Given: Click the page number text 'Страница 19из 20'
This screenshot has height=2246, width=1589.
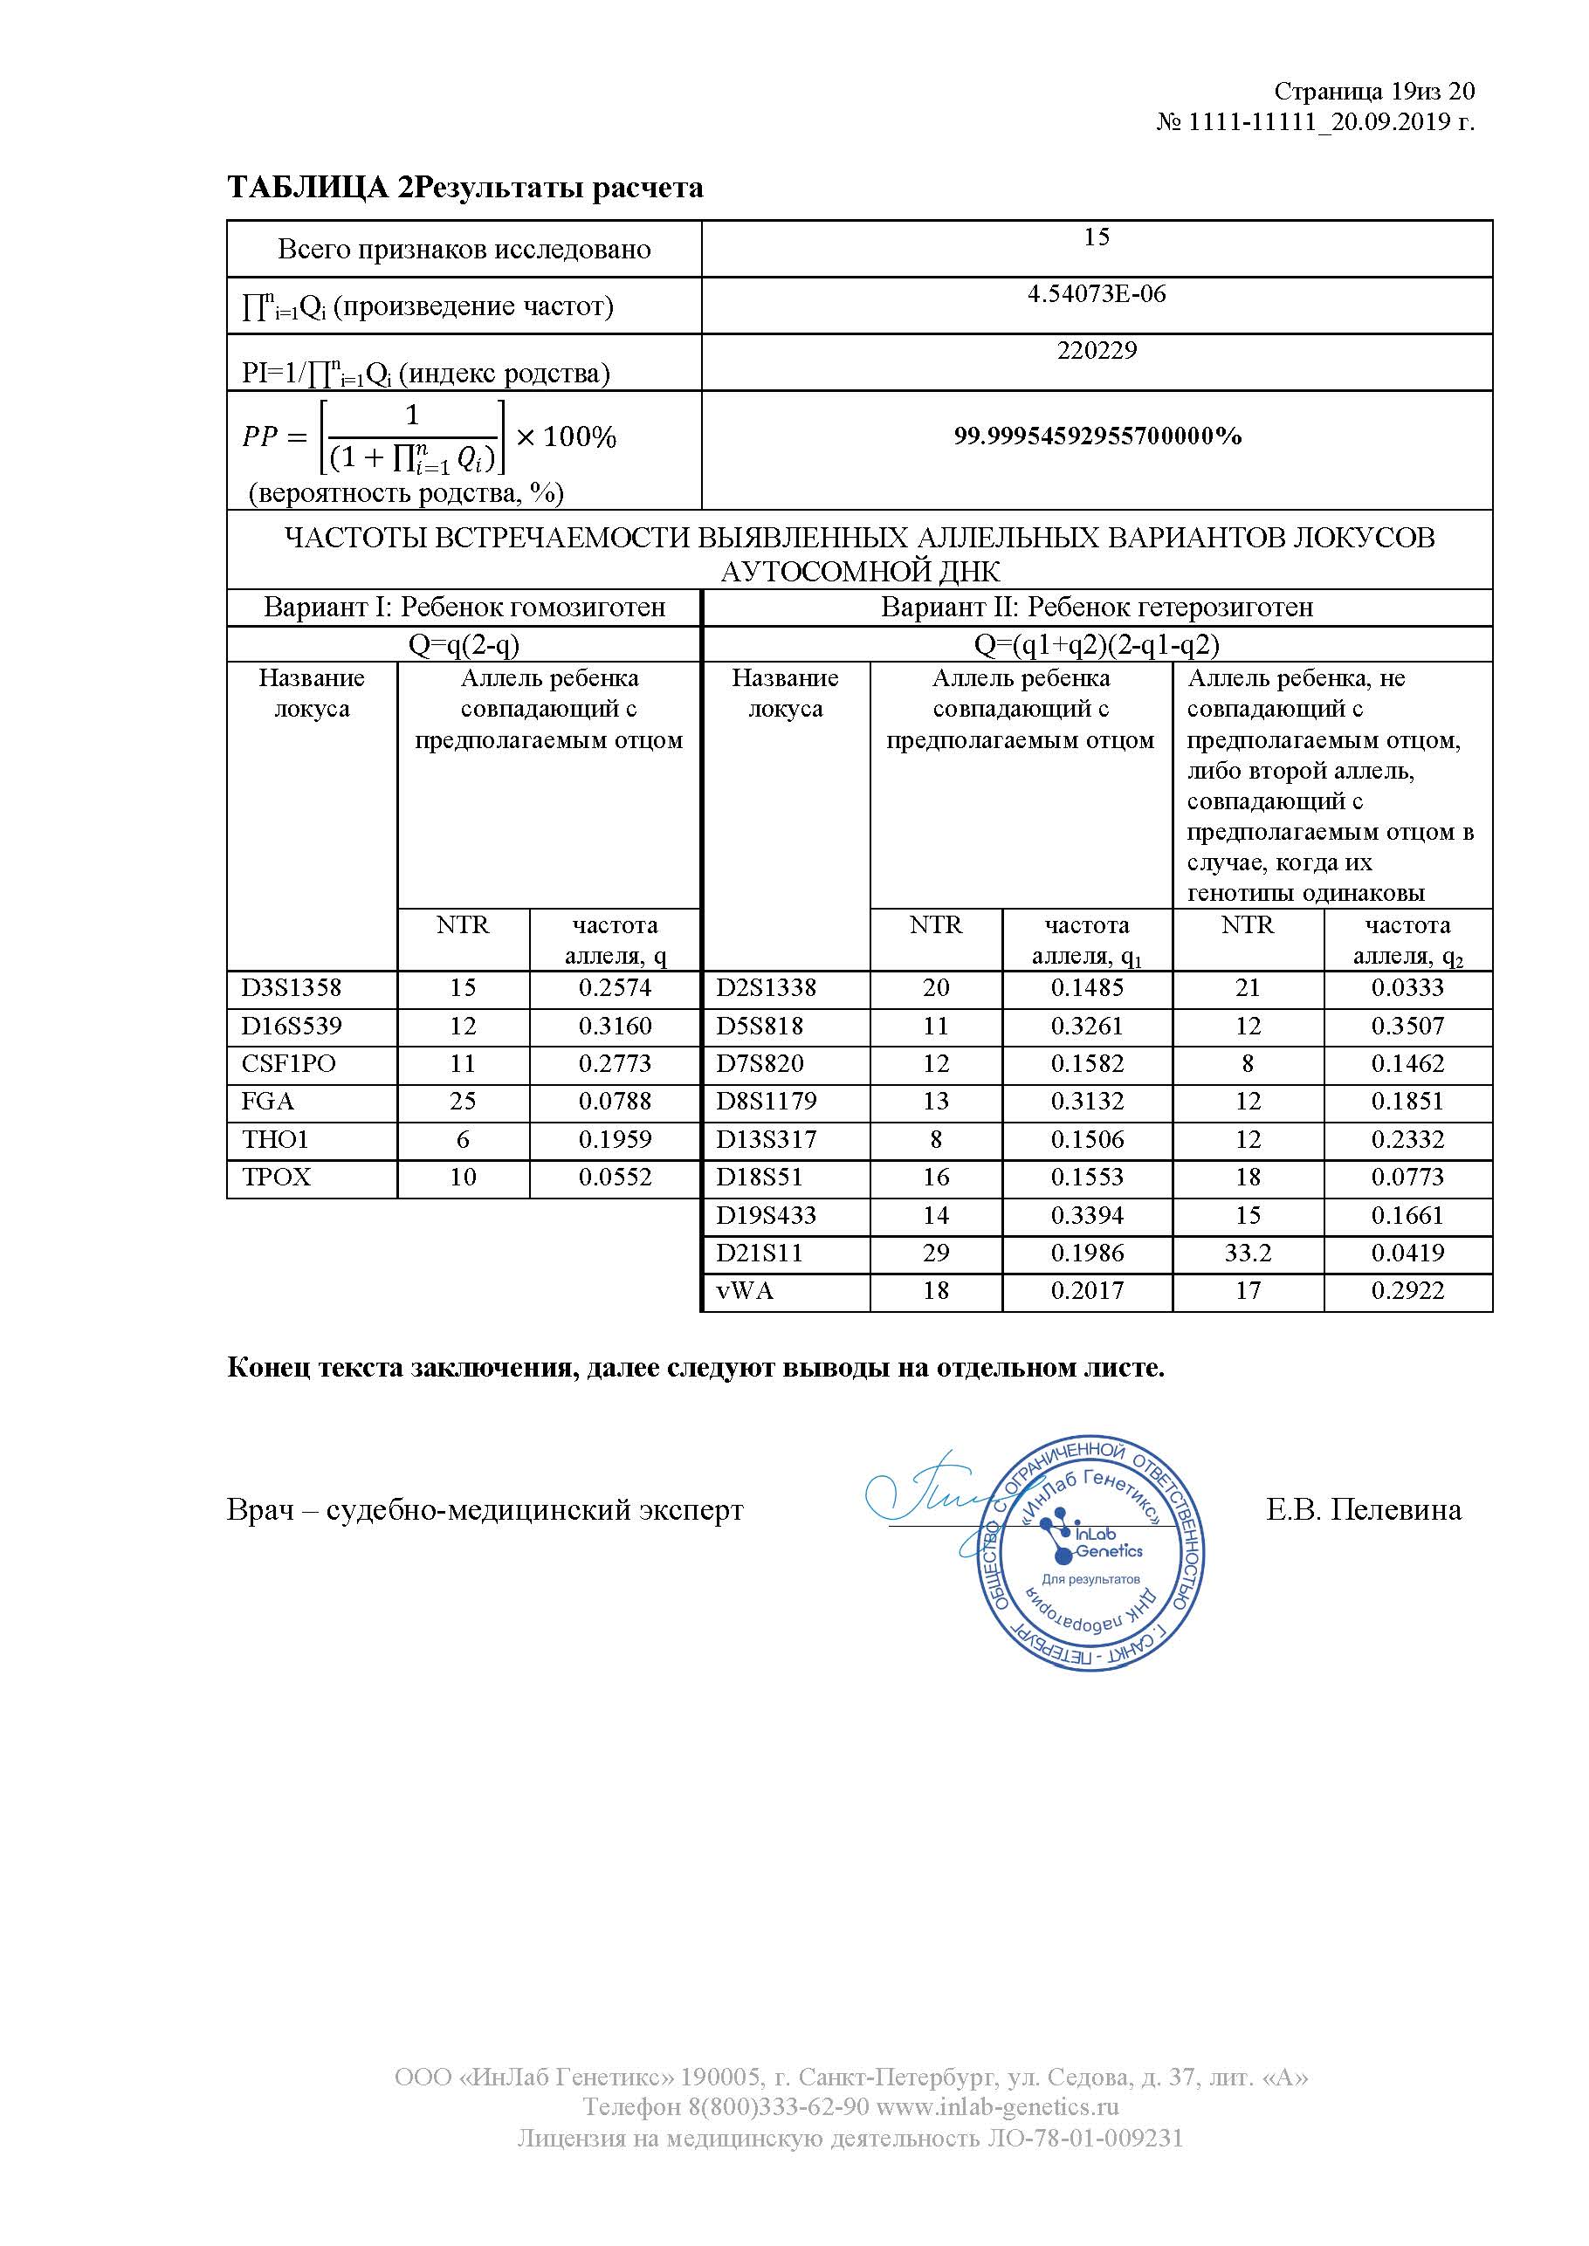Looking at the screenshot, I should tap(1372, 91).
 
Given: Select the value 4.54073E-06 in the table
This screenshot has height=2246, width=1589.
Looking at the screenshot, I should tap(1096, 293).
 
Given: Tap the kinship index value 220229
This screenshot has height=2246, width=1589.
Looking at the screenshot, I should tap(1096, 350).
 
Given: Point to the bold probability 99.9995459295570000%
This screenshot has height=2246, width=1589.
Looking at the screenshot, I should tap(1097, 436).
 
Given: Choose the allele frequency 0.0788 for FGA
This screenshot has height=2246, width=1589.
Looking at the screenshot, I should tap(615, 1101).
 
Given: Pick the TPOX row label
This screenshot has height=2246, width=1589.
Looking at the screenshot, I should tap(276, 1177).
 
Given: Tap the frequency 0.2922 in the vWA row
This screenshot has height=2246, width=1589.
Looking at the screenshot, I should tap(1407, 1290).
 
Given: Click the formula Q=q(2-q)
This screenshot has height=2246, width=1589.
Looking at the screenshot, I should tap(464, 645).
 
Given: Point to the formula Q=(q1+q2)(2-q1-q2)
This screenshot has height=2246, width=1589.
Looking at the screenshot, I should tap(1096, 645).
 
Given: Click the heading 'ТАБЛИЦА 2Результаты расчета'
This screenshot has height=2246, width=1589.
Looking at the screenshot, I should tap(464, 187).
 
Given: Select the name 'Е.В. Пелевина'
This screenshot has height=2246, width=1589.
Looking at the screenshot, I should tap(1363, 1509).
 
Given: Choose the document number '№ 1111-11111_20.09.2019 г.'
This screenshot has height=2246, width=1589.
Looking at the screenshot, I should tap(1315, 122).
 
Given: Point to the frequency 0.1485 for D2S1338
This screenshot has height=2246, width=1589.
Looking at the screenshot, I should tap(1086, 987).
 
